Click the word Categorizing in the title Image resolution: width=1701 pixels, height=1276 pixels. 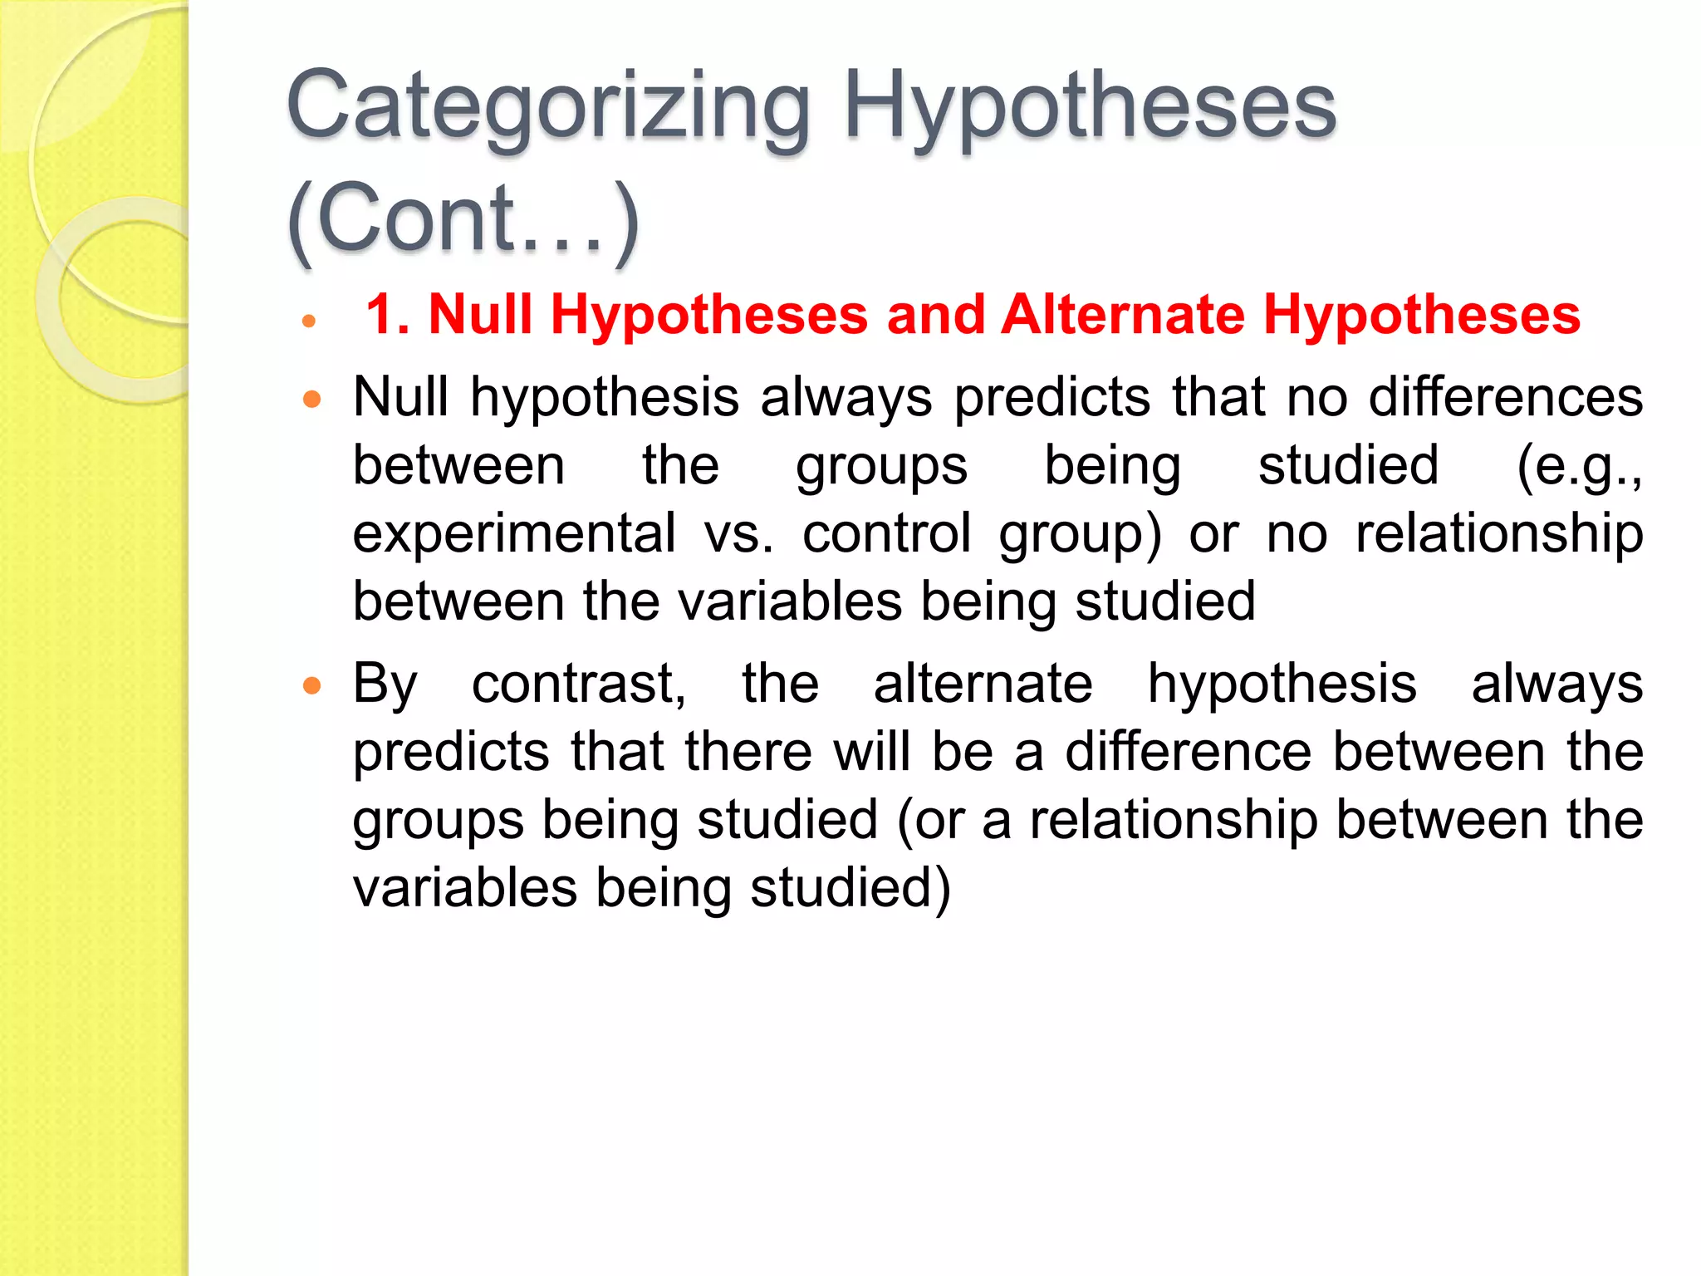point(548,108)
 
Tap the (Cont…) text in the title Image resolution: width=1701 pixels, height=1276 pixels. point(463,218)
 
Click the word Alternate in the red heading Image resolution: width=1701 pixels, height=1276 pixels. point(1122,315)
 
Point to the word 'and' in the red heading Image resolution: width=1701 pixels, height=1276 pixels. point(934,315)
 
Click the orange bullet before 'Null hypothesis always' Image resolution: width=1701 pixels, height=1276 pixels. point(311,400)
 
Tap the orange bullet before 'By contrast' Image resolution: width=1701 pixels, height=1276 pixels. point(311,686)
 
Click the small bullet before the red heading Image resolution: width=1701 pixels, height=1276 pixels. point(309,321)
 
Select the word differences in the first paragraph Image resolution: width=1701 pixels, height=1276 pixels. point(1505,396)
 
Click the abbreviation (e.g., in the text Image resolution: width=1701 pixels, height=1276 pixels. point(1579,465)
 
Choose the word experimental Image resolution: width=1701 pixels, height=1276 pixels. point(514,532)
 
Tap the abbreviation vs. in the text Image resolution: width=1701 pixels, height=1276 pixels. point(738,532)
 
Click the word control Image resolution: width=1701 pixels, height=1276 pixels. point(886,532)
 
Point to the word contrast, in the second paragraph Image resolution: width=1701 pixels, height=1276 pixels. point(579,684)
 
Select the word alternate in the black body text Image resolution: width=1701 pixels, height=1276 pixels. point(983,684)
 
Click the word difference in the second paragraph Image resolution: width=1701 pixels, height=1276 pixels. point(1189,752)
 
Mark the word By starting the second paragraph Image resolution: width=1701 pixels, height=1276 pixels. point(385,685)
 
